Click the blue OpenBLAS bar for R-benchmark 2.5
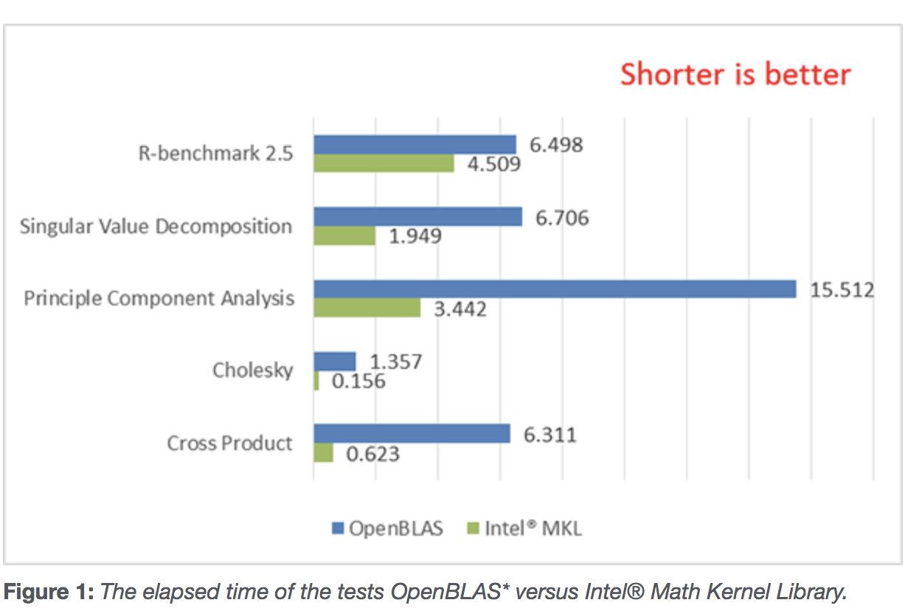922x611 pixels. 415,145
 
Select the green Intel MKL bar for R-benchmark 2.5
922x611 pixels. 384,163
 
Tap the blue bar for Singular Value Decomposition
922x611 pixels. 417,217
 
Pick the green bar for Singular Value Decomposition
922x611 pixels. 344,235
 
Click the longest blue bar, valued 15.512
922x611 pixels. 555,289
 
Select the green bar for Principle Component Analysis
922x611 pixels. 367,308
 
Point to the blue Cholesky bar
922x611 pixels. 335,362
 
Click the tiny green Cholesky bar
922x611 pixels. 316,381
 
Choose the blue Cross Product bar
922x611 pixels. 412,434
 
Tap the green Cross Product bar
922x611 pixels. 324,452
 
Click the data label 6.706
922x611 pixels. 562,218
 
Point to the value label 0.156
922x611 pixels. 359,382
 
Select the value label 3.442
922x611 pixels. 460,309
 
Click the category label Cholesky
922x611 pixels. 253,370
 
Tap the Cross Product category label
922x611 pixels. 229,443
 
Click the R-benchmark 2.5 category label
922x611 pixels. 215,153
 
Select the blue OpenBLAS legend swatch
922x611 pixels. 338,528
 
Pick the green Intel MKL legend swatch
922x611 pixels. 474,528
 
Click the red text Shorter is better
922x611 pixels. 735,75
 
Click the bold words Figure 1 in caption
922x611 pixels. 49,592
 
